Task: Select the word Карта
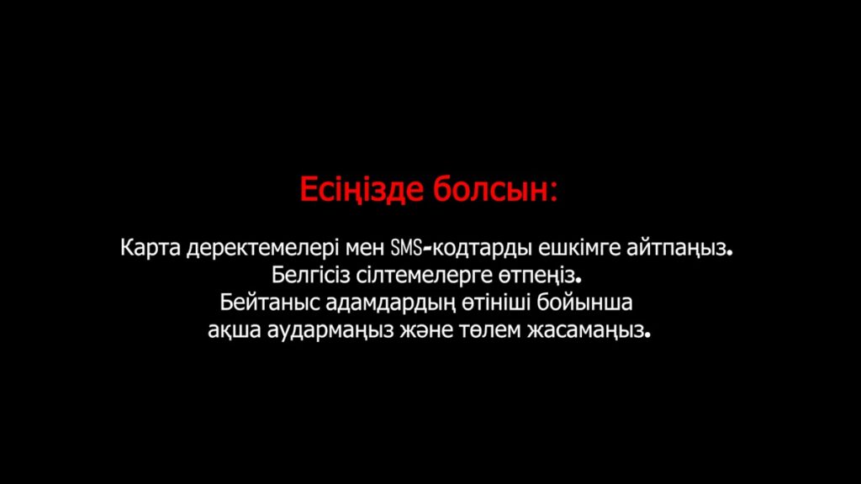[x=151, y=248]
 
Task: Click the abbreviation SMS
[x=406, y=248]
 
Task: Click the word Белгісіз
[x=311, y=275]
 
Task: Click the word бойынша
[x=585, y=302]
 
